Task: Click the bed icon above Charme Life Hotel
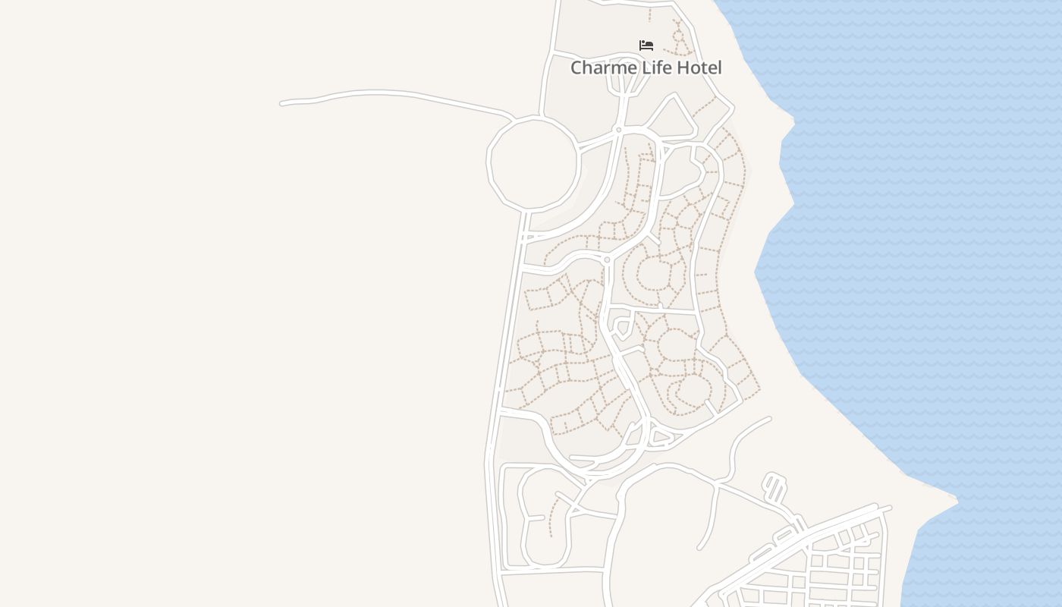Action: coord(646,46)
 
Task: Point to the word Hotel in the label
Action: coord(699,68)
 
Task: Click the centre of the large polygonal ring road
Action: coord(533,162)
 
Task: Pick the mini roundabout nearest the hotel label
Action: coord(619,131)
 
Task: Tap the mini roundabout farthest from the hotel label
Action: coord(607,259)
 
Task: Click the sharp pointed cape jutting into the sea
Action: coord(956,500)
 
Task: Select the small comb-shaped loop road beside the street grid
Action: coord(775,487)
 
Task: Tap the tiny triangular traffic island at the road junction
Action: coord(661,437)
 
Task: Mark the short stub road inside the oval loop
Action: coord(536,518)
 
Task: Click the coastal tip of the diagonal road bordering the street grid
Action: coord(889,508)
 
